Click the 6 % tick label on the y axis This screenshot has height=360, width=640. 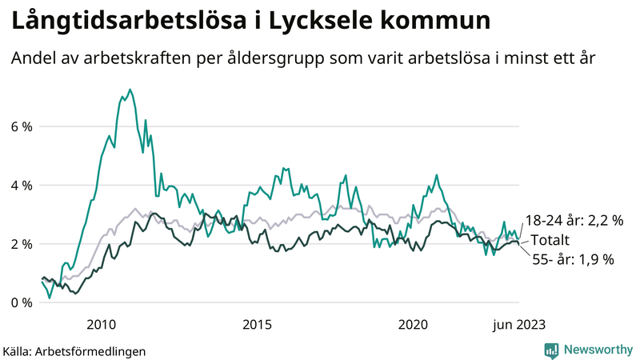coord(21,126)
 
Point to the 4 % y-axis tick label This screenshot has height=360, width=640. coord(21,185)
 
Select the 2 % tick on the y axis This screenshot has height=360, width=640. coord(21,244)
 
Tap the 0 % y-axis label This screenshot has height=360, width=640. coord(21,302)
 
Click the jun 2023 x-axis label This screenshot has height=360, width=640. coord(519,324)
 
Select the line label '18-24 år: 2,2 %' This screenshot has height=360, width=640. coord(574,221)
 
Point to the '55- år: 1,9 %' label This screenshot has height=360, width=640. coord(573,259)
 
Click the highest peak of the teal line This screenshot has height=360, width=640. coord(130,90)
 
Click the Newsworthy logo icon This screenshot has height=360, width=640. coord(551,350)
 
